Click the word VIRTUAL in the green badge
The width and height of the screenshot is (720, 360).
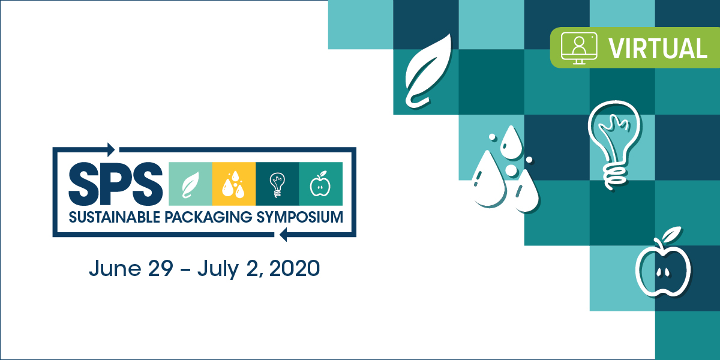click(x=658, y=49)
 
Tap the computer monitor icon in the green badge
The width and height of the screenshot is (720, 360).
click(x=579, y=48)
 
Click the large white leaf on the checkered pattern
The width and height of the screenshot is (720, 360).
click(x=428, y=71)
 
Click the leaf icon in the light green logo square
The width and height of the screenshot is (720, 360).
click(x=191, y=185)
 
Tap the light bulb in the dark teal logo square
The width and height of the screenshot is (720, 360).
click(x=277, y=185)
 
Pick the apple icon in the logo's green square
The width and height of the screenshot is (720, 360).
click(x=320, y=184)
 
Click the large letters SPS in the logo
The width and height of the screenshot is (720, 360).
click(x=116, y=184)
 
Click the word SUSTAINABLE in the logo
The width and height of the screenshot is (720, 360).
click(x=115, y=218)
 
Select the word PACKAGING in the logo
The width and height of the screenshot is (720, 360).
click(x=209, y=218)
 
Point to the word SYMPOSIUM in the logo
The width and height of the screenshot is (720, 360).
click(x=299, y=218)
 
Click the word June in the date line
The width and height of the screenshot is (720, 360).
click(x=115, y=268)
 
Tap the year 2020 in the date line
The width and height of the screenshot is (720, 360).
click(x=295, y=268)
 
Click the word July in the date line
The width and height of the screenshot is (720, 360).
click(x=218, y=269)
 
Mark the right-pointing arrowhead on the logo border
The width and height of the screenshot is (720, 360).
click(x=111, y=150)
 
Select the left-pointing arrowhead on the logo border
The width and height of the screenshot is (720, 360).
click(x=283, y=235)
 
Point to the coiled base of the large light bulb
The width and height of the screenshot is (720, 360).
click(x=616, y=178)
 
